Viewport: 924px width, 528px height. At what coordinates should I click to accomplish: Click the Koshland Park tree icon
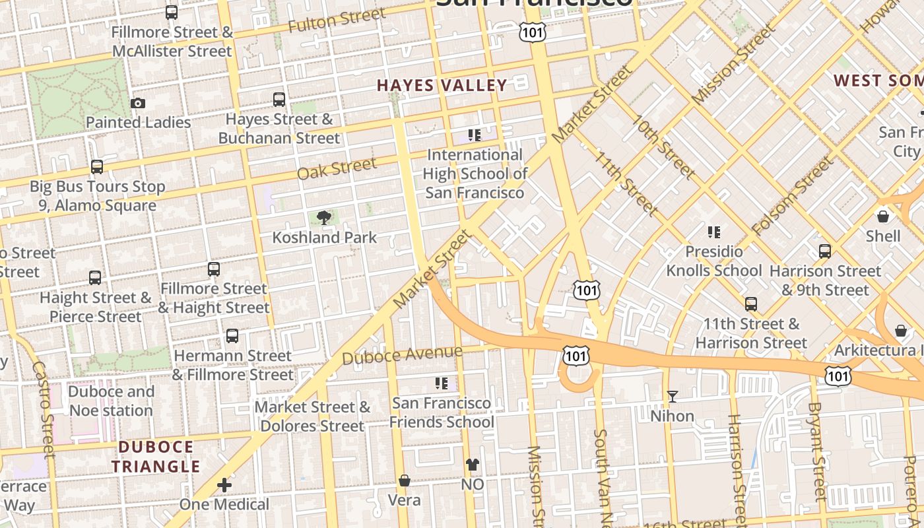(323, 217)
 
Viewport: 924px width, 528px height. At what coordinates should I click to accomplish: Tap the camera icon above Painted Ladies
(138, 103)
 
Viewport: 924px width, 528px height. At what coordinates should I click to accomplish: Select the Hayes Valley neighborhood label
(442, 85)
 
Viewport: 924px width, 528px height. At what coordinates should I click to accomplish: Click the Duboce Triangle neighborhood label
(155, 457)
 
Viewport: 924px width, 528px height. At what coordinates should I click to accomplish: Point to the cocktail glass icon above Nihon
(672, 396)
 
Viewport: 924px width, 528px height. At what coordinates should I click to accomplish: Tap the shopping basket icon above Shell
(882, 216)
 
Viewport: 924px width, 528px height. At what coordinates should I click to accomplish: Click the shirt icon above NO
(472, 464)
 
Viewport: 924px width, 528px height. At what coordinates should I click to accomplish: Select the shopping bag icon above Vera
(404, 480)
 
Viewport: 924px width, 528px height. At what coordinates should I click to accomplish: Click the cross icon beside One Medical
(224, 486)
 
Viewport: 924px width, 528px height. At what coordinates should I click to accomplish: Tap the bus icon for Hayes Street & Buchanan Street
(279, 100)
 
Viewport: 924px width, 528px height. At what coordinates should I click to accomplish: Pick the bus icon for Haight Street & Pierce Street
(95, 278)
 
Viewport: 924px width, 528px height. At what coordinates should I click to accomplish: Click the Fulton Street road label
(337, 20)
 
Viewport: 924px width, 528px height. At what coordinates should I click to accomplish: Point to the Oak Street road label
(337, 168)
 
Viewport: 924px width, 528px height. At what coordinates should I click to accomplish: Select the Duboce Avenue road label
(402, 355)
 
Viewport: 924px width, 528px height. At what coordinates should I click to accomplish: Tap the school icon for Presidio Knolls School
(713, 232)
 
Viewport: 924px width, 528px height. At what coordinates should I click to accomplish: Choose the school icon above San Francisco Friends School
(441, 383)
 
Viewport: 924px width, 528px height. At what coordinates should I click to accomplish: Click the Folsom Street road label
(792, 197)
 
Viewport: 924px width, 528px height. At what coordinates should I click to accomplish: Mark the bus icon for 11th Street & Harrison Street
(750, 304)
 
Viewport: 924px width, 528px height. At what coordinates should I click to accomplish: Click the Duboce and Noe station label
(111, 401)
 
